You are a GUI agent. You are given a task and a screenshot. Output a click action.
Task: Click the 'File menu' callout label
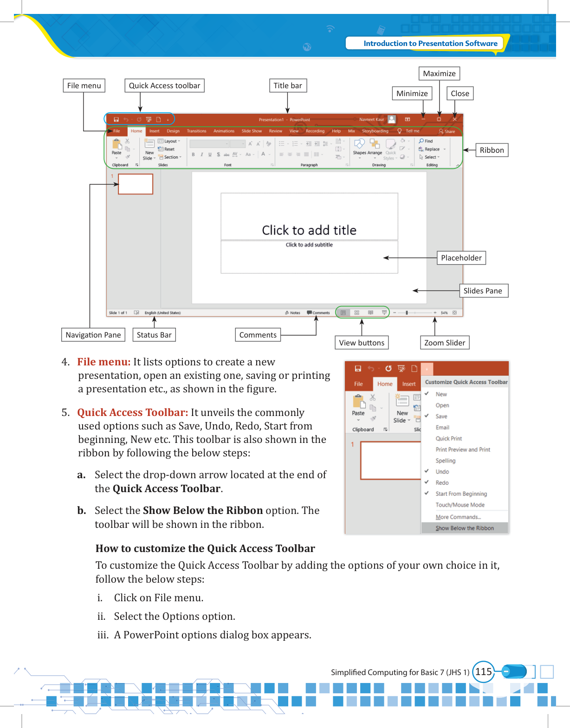(x=84, y=85)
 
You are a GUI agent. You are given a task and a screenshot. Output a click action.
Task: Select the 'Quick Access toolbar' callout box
(x=164, y=85)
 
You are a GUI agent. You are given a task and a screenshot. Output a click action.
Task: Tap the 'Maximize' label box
(x=439, y=73)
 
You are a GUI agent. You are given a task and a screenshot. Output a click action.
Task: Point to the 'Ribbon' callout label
(x=492, y=150)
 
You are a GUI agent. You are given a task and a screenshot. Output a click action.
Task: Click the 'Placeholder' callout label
(x=461, y=258)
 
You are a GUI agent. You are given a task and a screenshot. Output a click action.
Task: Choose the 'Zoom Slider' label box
(x=444, y=343)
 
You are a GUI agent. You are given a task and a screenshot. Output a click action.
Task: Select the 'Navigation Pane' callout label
(x=93, y=335)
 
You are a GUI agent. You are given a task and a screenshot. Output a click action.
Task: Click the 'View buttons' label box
(x=362, y=343)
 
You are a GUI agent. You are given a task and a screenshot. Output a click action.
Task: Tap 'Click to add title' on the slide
(x=309, y=230)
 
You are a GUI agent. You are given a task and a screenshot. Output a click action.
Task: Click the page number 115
(x=483, y=671)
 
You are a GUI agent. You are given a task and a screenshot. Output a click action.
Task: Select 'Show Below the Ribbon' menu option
(x=465, y=528)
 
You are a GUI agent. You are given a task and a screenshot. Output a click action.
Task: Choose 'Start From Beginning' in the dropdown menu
(x=461, y=494)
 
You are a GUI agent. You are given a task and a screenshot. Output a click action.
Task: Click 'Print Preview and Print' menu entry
(x=463, y=449)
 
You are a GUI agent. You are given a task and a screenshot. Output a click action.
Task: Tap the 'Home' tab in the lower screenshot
(x=385, y=384)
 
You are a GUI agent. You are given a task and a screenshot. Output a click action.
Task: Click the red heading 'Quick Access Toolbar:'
(x=132, y=412)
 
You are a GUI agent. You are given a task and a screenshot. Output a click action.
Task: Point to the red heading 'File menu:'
(x=104, y=362)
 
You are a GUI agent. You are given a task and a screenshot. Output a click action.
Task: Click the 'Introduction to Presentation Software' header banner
(x=430, y=43)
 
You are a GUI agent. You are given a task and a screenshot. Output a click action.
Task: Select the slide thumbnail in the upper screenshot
(x=136, y=184)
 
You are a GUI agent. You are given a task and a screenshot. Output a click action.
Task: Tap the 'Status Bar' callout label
(x=154, y=335)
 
